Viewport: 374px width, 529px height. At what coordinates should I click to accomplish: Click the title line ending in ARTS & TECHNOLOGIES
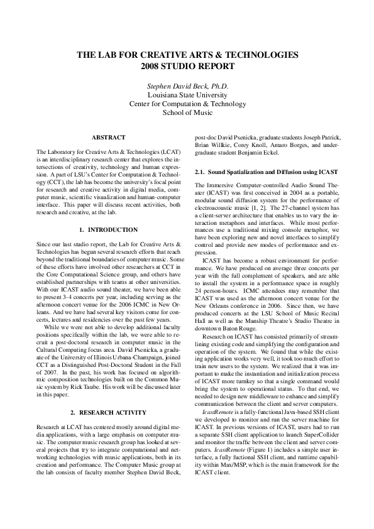point(187,55)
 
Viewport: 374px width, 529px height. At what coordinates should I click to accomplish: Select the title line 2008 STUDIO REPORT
point(187,65)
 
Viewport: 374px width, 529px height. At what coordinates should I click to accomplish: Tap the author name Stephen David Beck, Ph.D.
point(187,85)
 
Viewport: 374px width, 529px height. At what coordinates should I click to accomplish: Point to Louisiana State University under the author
point(187,95)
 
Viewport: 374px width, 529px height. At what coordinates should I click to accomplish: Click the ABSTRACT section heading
point(109,137)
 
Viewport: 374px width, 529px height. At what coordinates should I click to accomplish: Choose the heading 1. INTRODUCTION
point(109,230)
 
